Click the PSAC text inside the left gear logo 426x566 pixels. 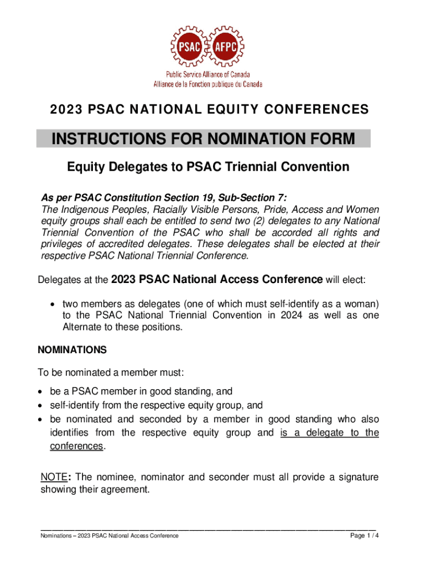(x=189, y=46)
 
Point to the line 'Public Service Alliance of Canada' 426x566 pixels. (x=207, y=75)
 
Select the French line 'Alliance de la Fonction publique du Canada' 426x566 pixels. (x=207, y=84)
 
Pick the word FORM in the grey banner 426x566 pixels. (x=331, y=139)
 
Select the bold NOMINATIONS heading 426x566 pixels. (x=71, y=350)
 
